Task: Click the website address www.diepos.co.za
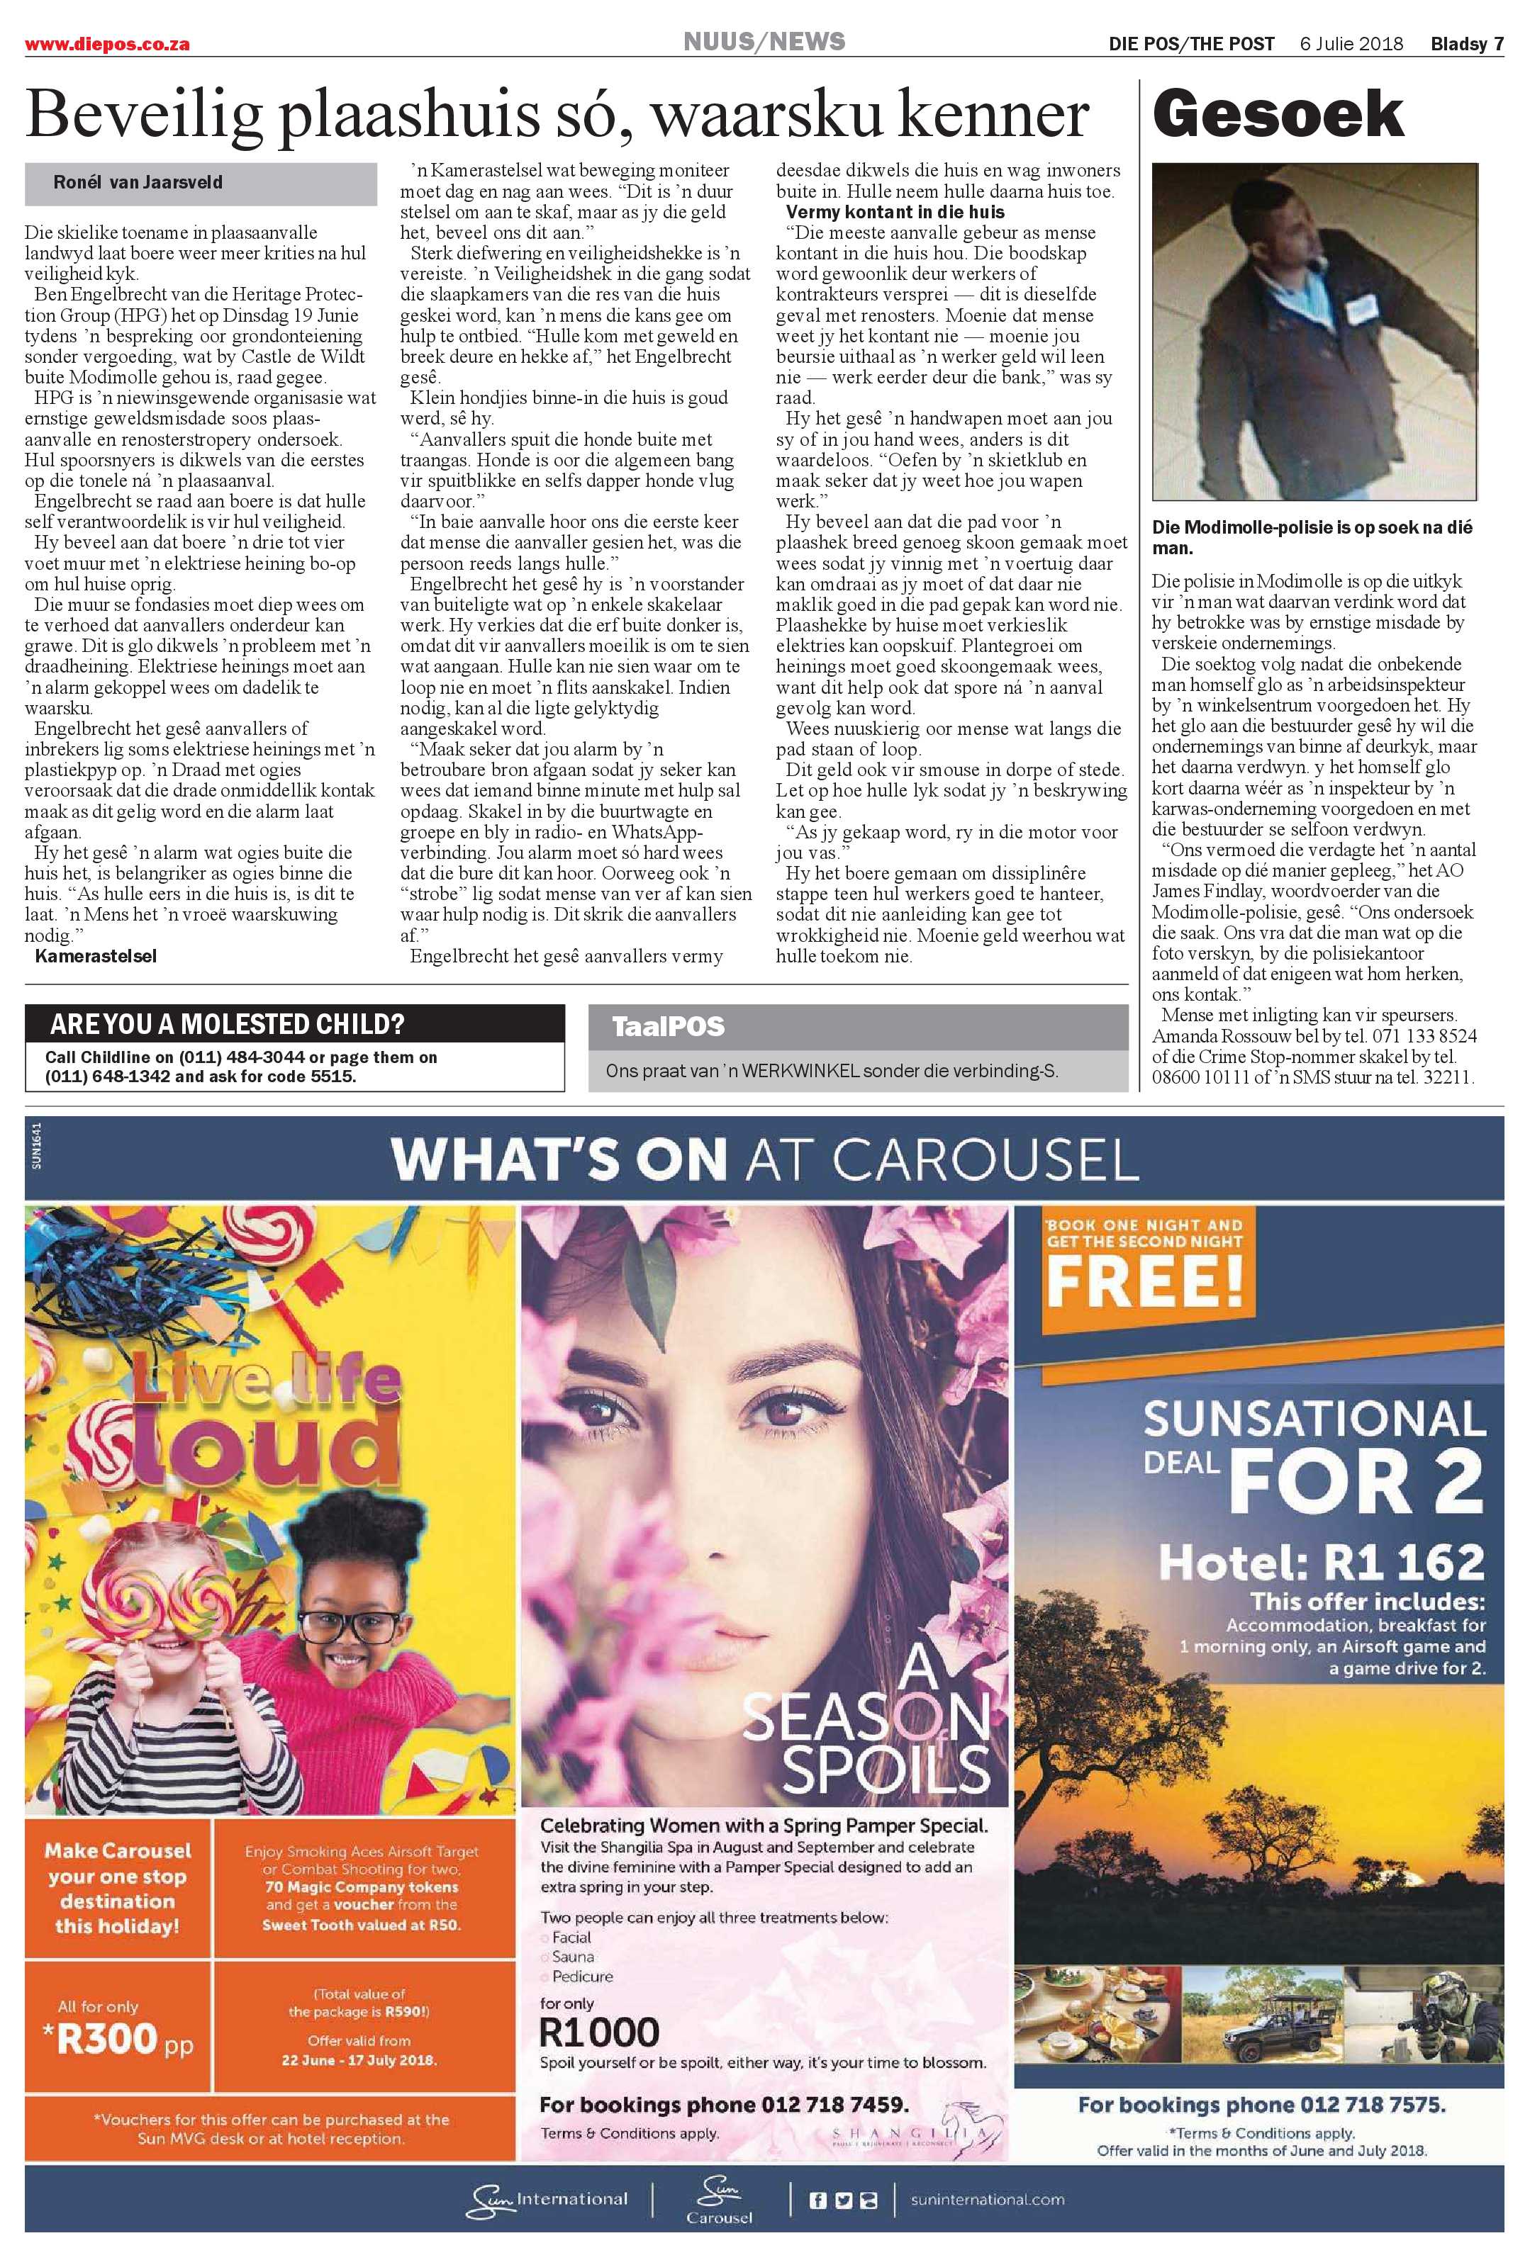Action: pos(107,45)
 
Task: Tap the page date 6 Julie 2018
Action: pos(1351,44)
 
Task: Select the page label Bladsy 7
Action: pos(1467,44)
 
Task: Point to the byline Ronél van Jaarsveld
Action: pos(138,182)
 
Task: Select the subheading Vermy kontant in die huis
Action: pos(895,212)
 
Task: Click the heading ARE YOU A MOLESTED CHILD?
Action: pos(227,1024)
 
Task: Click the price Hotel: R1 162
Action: pos(1321,1563)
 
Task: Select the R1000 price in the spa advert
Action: pos(599,2033)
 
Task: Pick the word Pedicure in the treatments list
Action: pos(583,1976)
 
